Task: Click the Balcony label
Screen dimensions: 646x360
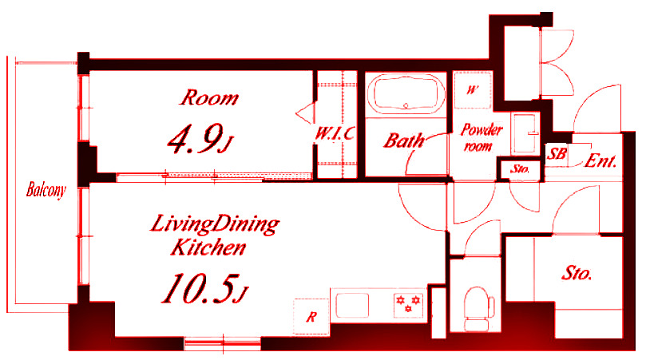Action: [x=46, y=190]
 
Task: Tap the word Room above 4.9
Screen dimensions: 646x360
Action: [x=209, y=98]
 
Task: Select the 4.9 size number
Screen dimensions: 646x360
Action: [x=200, y=139]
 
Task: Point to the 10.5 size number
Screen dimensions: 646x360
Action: [x=204, y=289]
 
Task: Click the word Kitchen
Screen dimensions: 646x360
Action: [x=208, y=247]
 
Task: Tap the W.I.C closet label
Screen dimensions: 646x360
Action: [x=335, y=133]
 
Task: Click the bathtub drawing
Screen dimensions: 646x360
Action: [x=406, y=94]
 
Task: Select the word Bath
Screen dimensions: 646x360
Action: [x=404, y=141]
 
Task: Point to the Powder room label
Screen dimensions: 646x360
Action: [x=481, y=137]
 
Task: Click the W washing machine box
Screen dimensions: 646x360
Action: [x=473, y=89]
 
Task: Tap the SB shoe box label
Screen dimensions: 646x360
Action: [x=557, y=154]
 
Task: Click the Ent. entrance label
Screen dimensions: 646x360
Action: [x=600, y=160]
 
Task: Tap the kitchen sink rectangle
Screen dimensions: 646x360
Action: [x=352, y=305]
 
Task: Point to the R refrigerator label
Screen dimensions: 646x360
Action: [x=311, y=317]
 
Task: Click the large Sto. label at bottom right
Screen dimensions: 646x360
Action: [x=577, y=273]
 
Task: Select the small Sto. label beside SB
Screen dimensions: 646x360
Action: [x=520, y=169]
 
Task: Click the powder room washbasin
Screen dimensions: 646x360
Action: [x=525, y=133]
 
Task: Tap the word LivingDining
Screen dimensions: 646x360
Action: [x=214, y=224]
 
